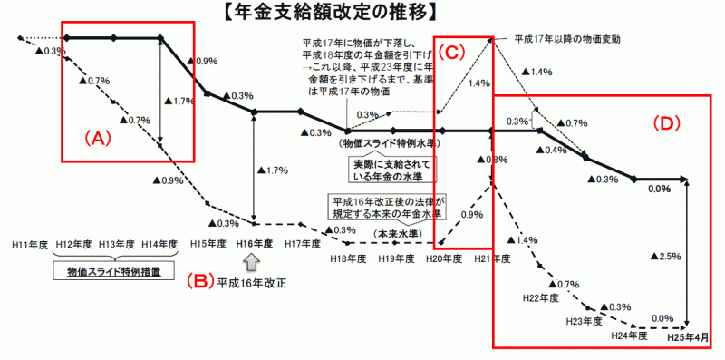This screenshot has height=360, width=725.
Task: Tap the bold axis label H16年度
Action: pyautogui.click(x=254, y=244)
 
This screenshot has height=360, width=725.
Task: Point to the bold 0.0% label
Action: pyautogui.click(x=659, y=190)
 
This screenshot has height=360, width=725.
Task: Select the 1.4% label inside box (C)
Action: pyautogui.click(x=478, y=83)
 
